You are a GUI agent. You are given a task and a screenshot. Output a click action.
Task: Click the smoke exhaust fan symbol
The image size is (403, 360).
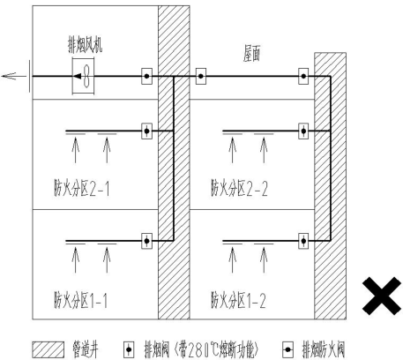[83, 77]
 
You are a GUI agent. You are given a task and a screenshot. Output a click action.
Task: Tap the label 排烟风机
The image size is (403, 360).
[86, 45]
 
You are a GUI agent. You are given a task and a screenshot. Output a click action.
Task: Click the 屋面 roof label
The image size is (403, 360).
[251, 53]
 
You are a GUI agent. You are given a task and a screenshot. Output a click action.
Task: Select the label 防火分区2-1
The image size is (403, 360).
[82, 188]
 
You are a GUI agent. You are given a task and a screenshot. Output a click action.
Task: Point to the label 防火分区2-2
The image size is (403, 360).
[239, 188]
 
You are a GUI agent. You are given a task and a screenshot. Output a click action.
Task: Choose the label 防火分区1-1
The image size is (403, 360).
[80, 300]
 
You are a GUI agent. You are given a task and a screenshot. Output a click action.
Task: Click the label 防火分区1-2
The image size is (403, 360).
[238, 300]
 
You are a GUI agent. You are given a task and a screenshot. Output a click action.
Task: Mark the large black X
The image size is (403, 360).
[382, 296]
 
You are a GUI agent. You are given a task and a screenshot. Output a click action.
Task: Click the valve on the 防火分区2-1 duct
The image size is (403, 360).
[146, 131]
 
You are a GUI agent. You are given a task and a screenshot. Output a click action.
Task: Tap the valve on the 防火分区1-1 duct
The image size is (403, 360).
[146, 241]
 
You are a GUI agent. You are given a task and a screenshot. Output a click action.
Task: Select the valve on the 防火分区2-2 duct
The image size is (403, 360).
[303, 131]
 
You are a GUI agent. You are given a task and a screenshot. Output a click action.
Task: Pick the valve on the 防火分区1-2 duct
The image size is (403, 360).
[303, 241]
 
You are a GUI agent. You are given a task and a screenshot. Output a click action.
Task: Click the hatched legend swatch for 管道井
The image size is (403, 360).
[48, 349]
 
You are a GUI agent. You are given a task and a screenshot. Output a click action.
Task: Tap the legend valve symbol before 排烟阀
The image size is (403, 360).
[129, 349]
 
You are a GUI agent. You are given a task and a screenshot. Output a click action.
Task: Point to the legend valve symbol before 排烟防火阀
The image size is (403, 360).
[287, 349]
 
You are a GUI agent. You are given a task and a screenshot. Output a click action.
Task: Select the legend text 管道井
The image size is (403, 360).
[86, 349]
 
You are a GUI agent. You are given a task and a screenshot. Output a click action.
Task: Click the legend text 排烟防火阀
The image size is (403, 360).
[324, 349]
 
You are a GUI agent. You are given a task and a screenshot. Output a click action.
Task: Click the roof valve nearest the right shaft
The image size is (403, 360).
[303, 76]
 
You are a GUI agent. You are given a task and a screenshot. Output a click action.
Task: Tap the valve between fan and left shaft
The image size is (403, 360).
[146, 76]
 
